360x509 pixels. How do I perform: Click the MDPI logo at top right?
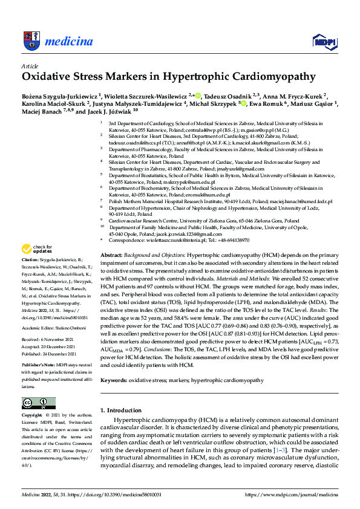coord(323,41)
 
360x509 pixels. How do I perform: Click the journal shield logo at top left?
coord(32,41)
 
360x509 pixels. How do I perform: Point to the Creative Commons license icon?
coord(35,403)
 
